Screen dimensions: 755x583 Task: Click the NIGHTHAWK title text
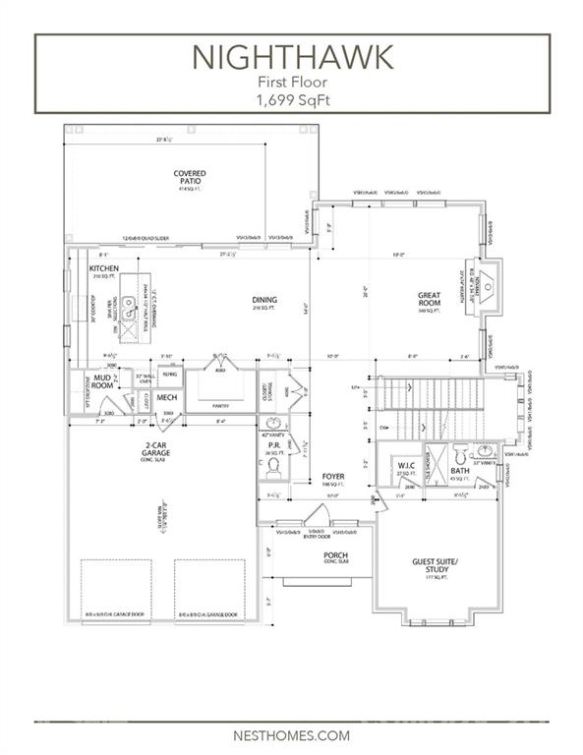click(291, 58)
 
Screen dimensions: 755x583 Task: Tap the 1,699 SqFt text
click(291, 99)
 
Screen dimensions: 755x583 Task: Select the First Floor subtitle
click(291, 84)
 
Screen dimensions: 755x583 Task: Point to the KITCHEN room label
click(104, 269)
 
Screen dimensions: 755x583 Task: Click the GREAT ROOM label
click(428, 299)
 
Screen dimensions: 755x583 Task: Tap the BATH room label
click(460, 472)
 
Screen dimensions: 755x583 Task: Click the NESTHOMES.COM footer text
click(291, 733)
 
